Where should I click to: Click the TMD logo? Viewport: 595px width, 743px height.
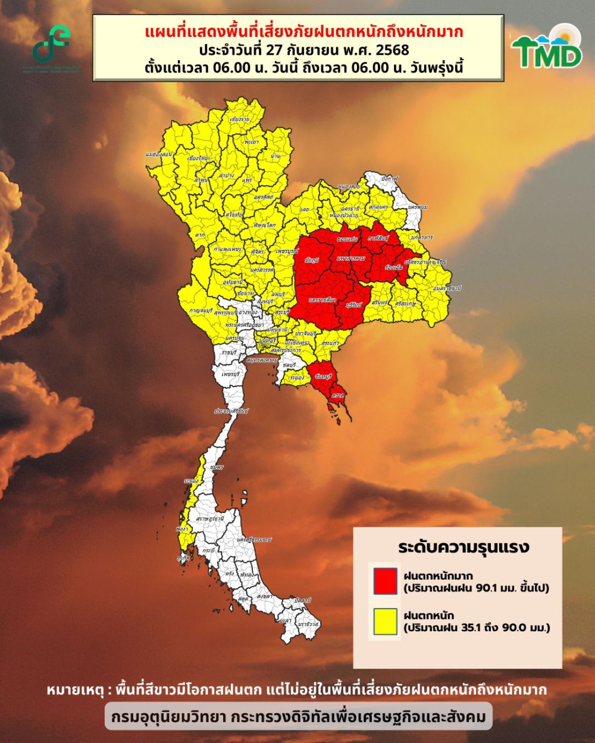click(x=547, y=48)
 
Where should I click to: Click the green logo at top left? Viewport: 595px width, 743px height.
click(x=52, y=45)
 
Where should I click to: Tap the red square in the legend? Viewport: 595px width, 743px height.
click(x=385, y=581)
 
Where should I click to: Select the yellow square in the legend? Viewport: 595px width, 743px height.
click(x=385, y=621)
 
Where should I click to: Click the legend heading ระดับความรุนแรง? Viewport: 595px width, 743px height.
click(x=464, y=547)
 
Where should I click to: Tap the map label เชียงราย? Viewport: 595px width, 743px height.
click(x=239, y=119)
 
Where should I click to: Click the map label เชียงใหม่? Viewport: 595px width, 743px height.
click(x=198, y=159)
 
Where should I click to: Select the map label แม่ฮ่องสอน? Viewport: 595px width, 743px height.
click(x=158, y=155)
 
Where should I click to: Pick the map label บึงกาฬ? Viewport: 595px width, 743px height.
click(x=390, y=178)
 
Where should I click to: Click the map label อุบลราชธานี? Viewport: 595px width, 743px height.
click(x=447, y=288)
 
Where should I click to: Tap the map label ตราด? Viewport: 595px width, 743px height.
click(x=339, y=395)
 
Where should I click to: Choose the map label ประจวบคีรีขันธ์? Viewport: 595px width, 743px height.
click(x=231, y=411)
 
